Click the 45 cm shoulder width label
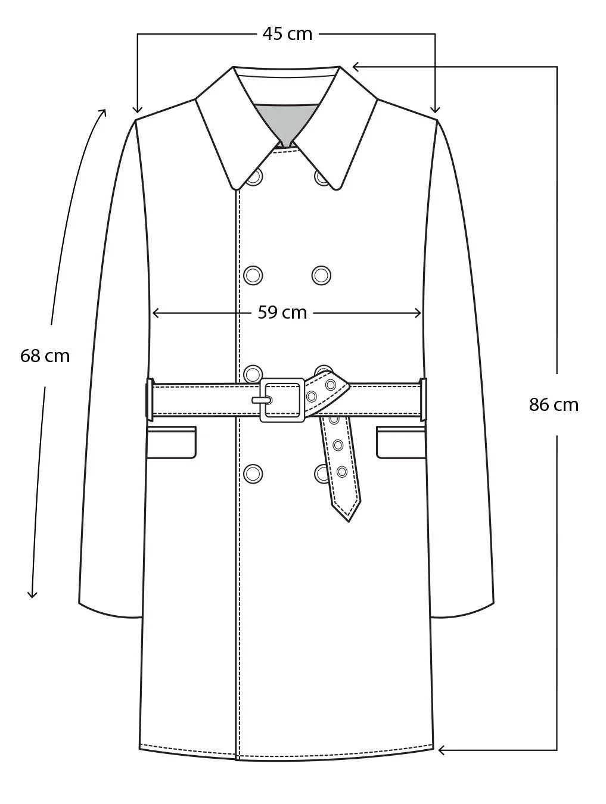pyautogui.click(x=287, y=34)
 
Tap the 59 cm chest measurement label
pyautogui.click(x=282, y=312)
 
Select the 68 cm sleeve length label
pyautogui.click(x=45, y=356)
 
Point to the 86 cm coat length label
pyautogui.click(x=554, y=405)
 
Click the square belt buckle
pyautogui.click(x=282, y=400)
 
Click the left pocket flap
pyautogui.click(x=171, y=442)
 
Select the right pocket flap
pyautogui.click(x=400, y=442)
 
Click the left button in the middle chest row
pyautogui.click(x=253, y=275)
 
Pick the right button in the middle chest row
pyautogui.click(x=322, y=275)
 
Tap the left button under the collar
pyautogui.click(x=254, y=177)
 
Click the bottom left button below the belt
pyautogui.click(x=253, y=473)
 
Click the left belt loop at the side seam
pyautogui.click(x=150, y=400)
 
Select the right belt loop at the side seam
pyautogui.click(x=423, y=400)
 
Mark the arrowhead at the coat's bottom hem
pyautogui.click(x=442, y=750)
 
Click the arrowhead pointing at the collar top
pyautogui.click(x=356, y=66)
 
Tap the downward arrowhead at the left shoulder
pyautogui.click(x=138, y=109)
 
